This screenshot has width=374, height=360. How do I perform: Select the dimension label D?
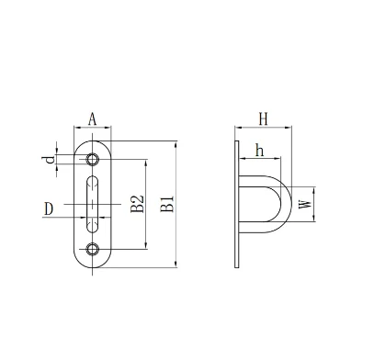click(x=49, y=209)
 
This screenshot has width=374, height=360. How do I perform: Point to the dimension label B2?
click(x=135, y=204)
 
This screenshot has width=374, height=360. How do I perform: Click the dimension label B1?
click(x=167, y=204)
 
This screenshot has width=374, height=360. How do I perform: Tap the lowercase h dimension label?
click(x=260, y=150)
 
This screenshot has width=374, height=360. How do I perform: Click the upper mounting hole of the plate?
click(x=93, y=159)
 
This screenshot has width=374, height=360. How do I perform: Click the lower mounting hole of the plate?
click(x=93, y=248)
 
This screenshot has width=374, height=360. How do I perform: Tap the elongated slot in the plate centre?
click(x=93, y=203)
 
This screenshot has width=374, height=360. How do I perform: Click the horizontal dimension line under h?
click(x=259, y=160)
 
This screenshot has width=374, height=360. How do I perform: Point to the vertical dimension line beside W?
click(x=314, y=203)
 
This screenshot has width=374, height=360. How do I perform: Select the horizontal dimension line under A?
click(x=93, y=127)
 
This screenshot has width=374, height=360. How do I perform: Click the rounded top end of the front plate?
click(x=93, y=143)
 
